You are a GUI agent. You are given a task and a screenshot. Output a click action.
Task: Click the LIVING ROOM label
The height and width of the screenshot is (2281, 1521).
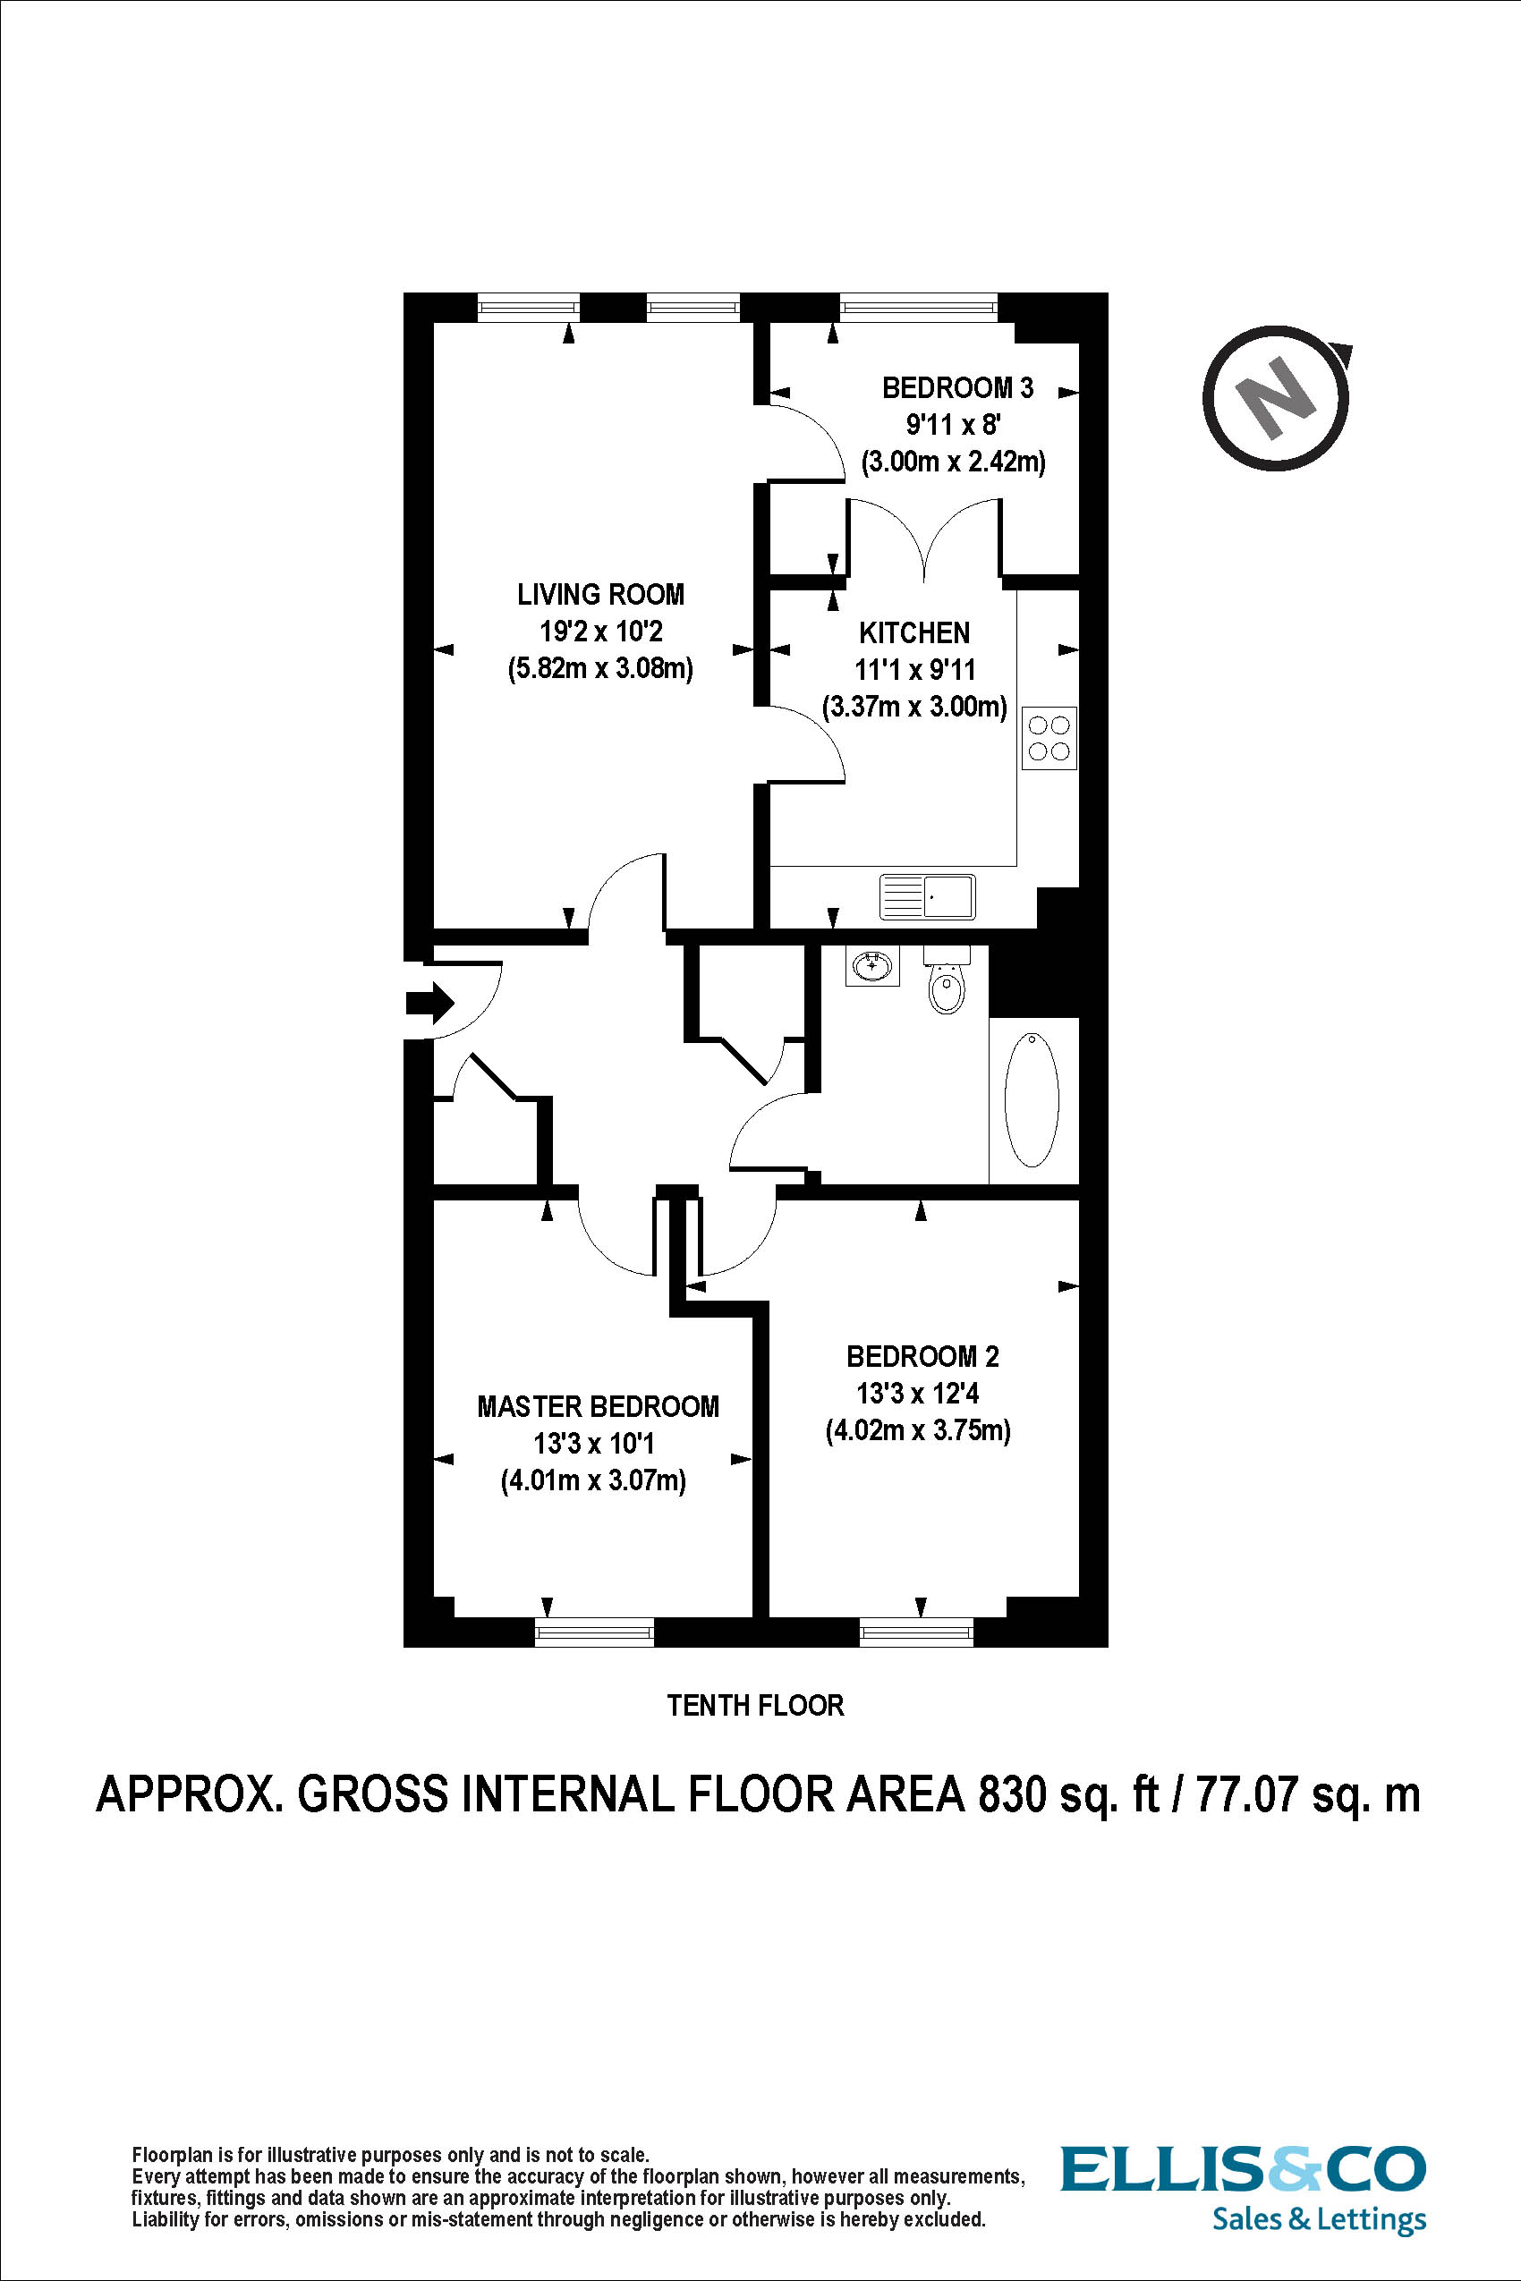[x=600, y=595]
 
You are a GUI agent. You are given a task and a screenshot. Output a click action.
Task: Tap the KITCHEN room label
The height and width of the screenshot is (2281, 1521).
[x=914, y=633]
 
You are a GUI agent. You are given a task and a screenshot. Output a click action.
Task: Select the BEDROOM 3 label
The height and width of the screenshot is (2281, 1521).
[x=957, y=388]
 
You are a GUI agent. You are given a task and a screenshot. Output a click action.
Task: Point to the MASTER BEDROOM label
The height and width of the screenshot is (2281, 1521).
[x=598, y=1407]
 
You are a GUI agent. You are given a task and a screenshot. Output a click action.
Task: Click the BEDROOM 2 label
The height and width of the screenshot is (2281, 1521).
[x=922, y=1357]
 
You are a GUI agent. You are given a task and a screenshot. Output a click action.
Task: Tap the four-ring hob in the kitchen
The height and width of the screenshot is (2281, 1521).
[x=1049, y=738]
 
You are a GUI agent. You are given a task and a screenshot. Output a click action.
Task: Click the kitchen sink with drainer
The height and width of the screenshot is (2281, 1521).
[x=927, y=897]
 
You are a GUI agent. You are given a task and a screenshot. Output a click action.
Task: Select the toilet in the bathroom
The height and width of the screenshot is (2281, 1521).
[x=947, y=979]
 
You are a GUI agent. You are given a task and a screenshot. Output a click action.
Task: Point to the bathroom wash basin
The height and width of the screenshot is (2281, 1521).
[x=872, y=966]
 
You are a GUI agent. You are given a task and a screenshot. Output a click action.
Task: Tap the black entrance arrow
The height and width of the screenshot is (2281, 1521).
[x=429, y=1003]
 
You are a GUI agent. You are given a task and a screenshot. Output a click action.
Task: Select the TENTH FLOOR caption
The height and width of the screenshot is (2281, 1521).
[x=756, y=1705]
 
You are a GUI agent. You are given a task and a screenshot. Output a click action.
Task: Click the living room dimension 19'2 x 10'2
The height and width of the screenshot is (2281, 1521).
[x=600, y=632]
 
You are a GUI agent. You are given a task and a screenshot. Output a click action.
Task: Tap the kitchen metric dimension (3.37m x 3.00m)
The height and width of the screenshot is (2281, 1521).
[x=914, y=706]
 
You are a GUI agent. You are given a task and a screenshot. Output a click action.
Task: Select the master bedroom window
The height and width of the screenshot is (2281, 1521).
[x=595, y=1633]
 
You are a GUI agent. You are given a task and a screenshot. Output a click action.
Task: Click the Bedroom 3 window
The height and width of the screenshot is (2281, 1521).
[x=919, y=308]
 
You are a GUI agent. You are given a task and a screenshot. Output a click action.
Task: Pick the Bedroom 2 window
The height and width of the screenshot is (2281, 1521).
[x=917, y=1633]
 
